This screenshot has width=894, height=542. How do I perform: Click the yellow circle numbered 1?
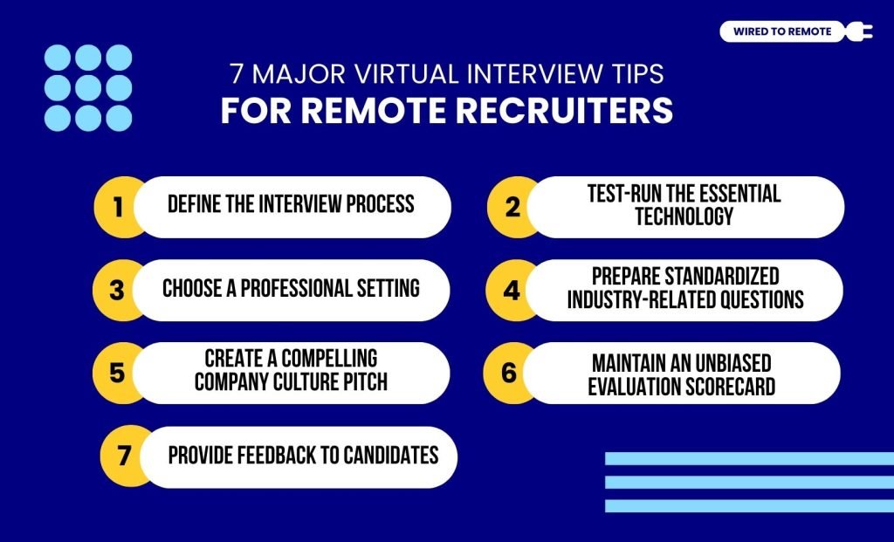118,208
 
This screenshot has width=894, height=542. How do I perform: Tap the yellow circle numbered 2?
512,208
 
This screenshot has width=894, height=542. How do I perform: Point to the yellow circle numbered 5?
118,373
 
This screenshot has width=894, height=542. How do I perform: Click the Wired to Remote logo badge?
782,32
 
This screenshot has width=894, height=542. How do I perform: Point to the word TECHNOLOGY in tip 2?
684,216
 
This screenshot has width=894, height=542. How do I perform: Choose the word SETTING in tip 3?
385,289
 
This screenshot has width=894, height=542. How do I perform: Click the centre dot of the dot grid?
87,88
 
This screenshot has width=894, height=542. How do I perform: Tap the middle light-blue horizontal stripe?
749,482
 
